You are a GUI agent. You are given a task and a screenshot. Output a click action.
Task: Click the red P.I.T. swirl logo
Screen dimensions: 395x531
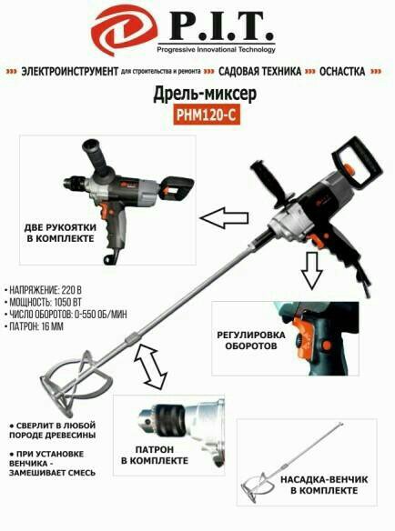click(x=124, y=31)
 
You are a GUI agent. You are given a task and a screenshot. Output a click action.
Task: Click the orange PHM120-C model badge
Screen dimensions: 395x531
click(x=207, y=115)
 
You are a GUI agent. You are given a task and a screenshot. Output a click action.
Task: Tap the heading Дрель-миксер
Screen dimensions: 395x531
click(x=205, y=95)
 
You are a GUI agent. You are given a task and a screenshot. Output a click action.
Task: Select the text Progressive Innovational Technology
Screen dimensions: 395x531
click(x=216, y=50)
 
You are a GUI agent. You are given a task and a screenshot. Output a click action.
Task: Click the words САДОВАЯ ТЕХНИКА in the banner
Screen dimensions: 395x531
click(x=259, y=72)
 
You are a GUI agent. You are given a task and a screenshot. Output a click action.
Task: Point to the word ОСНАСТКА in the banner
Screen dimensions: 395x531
click(x=342, y=72)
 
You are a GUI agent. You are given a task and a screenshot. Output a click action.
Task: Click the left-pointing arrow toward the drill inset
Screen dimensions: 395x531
click(x=225, y=218)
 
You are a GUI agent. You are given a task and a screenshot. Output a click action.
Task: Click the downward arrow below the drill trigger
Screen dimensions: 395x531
click(x=312, y=271)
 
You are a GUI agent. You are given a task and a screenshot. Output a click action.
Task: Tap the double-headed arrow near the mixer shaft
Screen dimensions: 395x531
click(x=151, y=366)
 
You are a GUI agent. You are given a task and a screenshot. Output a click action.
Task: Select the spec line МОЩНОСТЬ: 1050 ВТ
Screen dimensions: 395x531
click(x=43, y=303)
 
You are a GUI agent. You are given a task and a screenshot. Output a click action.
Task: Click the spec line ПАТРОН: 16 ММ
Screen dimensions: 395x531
click(x=34, y=326)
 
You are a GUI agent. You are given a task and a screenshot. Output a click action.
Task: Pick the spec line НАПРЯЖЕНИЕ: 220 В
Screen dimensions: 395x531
click(x=43, y=290)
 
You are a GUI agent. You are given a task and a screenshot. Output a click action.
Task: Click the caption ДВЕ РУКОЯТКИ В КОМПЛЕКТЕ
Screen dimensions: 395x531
click(x=60, y=233)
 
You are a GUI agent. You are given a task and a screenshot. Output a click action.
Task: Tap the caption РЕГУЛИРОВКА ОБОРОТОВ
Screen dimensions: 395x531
click(x=251, y=340)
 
